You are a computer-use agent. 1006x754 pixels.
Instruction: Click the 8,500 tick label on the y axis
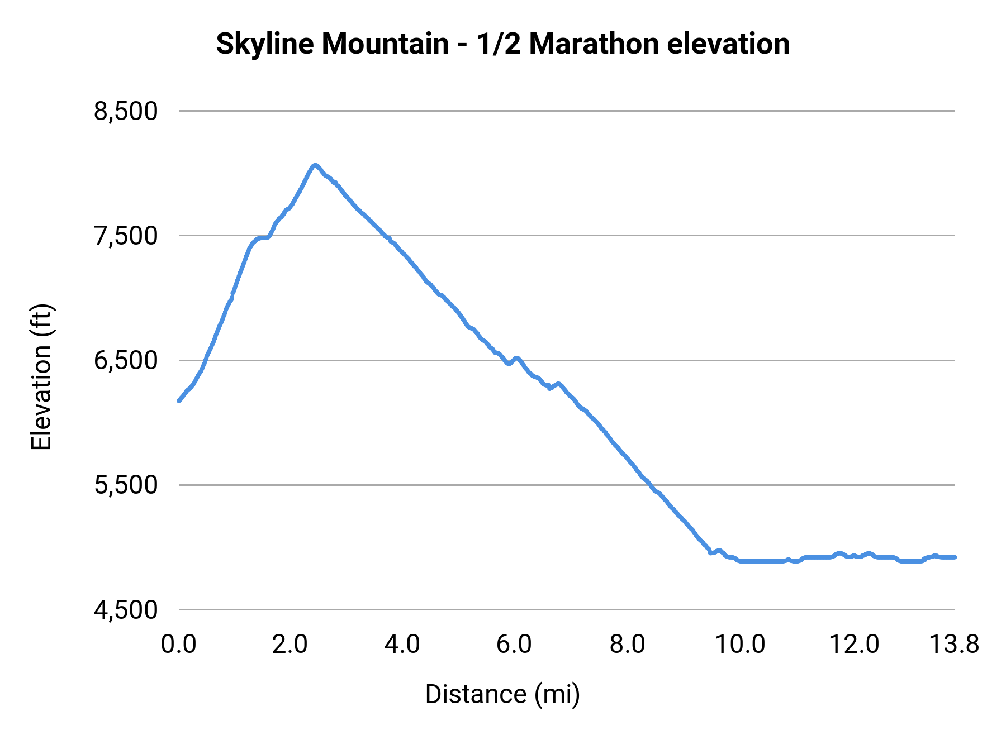[126, 111]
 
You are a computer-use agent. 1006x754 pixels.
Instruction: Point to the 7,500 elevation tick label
[126, 236]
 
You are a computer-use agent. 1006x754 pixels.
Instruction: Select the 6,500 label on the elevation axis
[126, 360]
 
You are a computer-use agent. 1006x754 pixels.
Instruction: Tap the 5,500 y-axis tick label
[126, 485]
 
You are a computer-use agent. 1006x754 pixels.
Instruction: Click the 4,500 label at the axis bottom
[126, 610]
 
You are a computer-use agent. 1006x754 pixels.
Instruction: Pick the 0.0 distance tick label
[178, 645]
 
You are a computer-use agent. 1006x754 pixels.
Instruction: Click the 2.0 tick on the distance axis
[290, 645]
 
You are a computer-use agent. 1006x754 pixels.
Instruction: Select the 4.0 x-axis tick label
[402, 645]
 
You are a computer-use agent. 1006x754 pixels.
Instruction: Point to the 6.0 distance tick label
[514, 645]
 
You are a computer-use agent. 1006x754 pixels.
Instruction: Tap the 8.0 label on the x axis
[627, 645]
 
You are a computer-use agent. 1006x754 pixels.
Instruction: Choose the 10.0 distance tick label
[740, 645]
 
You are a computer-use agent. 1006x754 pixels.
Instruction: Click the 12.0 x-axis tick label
[853, 645]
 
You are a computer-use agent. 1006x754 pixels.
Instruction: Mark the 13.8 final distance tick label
[953, 645]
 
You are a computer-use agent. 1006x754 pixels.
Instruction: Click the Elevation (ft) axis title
[41, 377]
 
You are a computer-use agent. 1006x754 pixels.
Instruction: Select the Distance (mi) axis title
[502, 694]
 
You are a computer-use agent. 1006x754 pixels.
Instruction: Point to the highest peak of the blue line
[315, 165]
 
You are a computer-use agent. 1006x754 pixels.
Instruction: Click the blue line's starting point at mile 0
[179, 400]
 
